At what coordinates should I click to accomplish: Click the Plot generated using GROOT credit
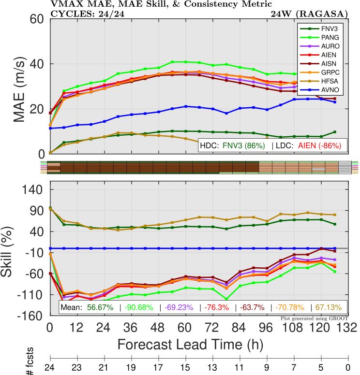pyautogui.click(x=314, y=318)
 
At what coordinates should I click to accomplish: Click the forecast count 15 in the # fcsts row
pyautogui.click(x=185, y=368)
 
